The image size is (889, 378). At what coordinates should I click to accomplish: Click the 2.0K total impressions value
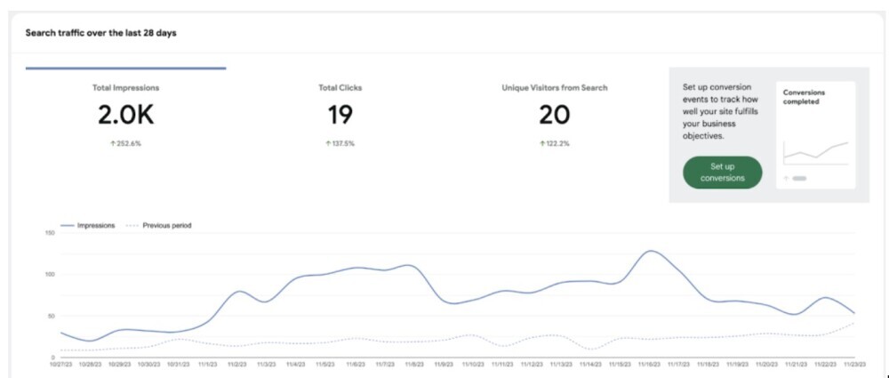tap(125, 115)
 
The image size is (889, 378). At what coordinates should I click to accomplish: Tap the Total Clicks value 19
tap(340, 115)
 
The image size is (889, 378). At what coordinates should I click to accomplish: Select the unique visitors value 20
tap(554, 115)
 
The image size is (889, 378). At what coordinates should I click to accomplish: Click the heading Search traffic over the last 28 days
tap(102, 33)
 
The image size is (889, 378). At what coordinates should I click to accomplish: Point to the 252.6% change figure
tap(125, 143)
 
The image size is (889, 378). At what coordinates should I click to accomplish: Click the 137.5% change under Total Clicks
tap(340, 143)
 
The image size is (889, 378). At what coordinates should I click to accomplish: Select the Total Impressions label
tap(125, 88)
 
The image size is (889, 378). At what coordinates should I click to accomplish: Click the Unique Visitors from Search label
tap(554, 88)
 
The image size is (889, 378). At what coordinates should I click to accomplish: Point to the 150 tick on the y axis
tap(50, 233)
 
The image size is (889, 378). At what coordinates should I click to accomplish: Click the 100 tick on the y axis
tap(50, 274)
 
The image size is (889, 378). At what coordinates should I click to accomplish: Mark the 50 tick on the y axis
tap(51, 316)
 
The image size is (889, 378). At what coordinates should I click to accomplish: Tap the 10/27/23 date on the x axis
tap(60, 365)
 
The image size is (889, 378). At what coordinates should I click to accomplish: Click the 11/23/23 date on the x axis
tap(854, 365)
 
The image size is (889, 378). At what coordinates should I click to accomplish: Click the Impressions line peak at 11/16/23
tap(651, 251)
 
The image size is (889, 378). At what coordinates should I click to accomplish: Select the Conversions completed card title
tap(804, 96)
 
